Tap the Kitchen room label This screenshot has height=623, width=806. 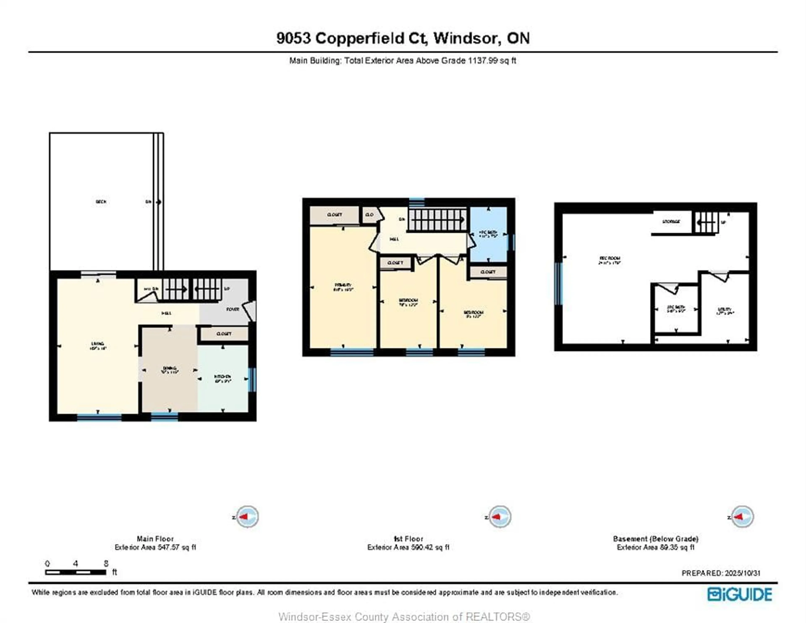pos(222,377)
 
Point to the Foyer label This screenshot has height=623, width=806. pos(233,309)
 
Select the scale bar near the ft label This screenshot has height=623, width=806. pos(76,572)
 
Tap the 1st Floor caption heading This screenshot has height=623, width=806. pos(408,538)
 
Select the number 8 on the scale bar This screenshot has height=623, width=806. pos(106,563)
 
